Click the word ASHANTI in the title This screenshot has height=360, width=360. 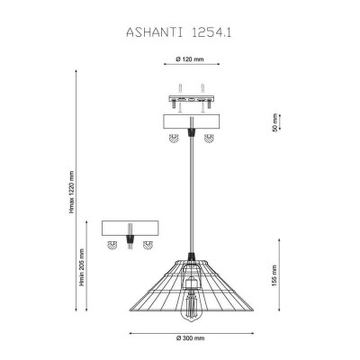tap(154, 32)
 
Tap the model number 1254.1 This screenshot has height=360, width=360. tap(211, 32)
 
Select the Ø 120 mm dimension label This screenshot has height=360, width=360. tap(190, 59)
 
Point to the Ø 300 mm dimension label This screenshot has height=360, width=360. tap(190, 338)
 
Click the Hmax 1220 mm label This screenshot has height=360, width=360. tap(71, 192)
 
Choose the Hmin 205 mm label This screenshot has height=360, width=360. tap(82, 267)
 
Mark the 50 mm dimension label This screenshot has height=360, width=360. tap(275, 122)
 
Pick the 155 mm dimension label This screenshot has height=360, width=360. tap(274, 275)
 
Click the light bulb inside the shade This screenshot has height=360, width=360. tap(191, 299)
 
